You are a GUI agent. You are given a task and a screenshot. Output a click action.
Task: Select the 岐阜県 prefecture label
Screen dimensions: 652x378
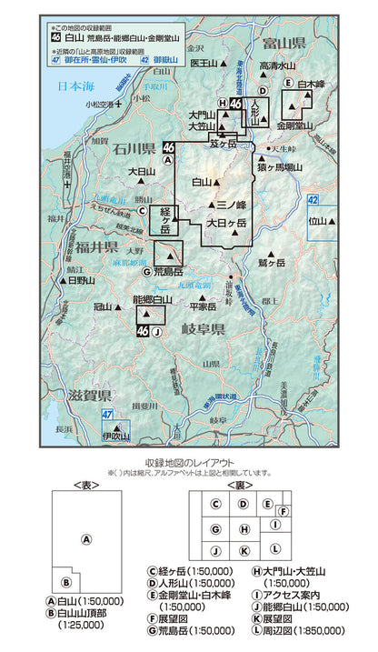click(x=204, y=330)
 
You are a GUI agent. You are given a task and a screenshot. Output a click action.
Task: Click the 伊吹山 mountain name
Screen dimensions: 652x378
click(x=118, y=436)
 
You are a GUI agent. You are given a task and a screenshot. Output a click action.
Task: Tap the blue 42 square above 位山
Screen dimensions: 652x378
click(x=313, y=199)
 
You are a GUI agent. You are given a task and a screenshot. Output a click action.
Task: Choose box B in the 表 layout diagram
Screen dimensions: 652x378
click(x=65, y=583)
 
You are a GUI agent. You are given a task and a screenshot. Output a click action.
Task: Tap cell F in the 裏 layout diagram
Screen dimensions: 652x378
click(x=283, y=511)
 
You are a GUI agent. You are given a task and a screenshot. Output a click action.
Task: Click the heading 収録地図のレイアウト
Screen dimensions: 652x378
click(x=188, y=462)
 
